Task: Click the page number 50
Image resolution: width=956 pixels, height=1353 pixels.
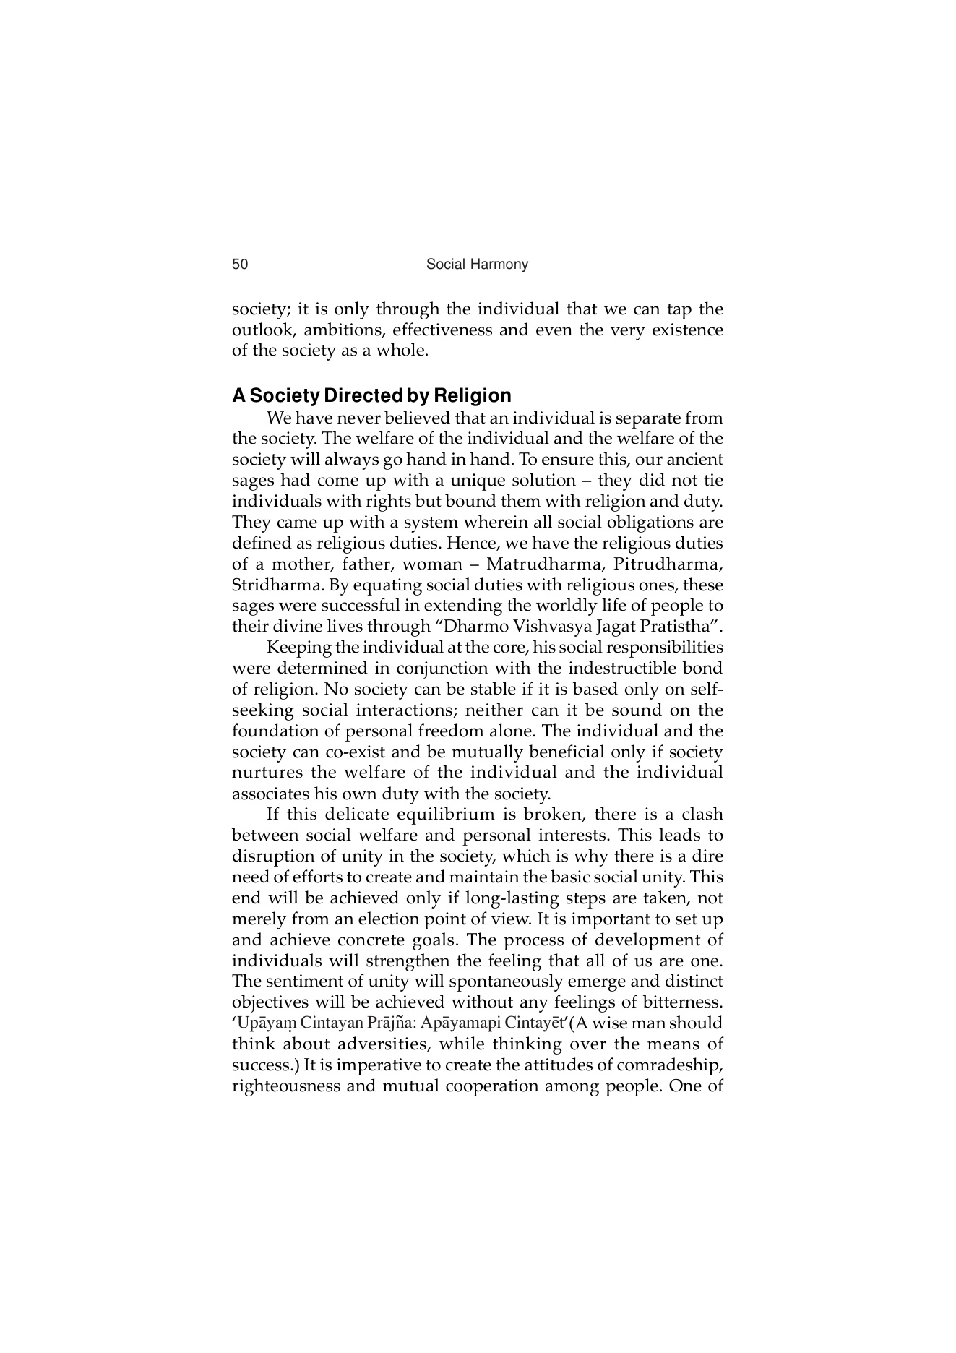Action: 240,265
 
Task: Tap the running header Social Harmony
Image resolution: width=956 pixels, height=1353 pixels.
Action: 477,265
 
